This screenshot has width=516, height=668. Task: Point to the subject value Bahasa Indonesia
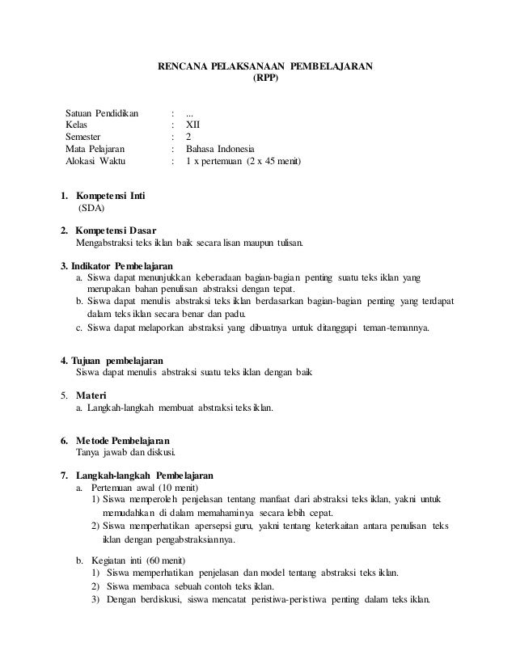pos(219,150)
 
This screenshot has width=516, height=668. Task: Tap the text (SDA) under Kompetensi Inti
pos(91,209)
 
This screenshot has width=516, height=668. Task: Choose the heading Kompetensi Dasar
pos(110,230)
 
